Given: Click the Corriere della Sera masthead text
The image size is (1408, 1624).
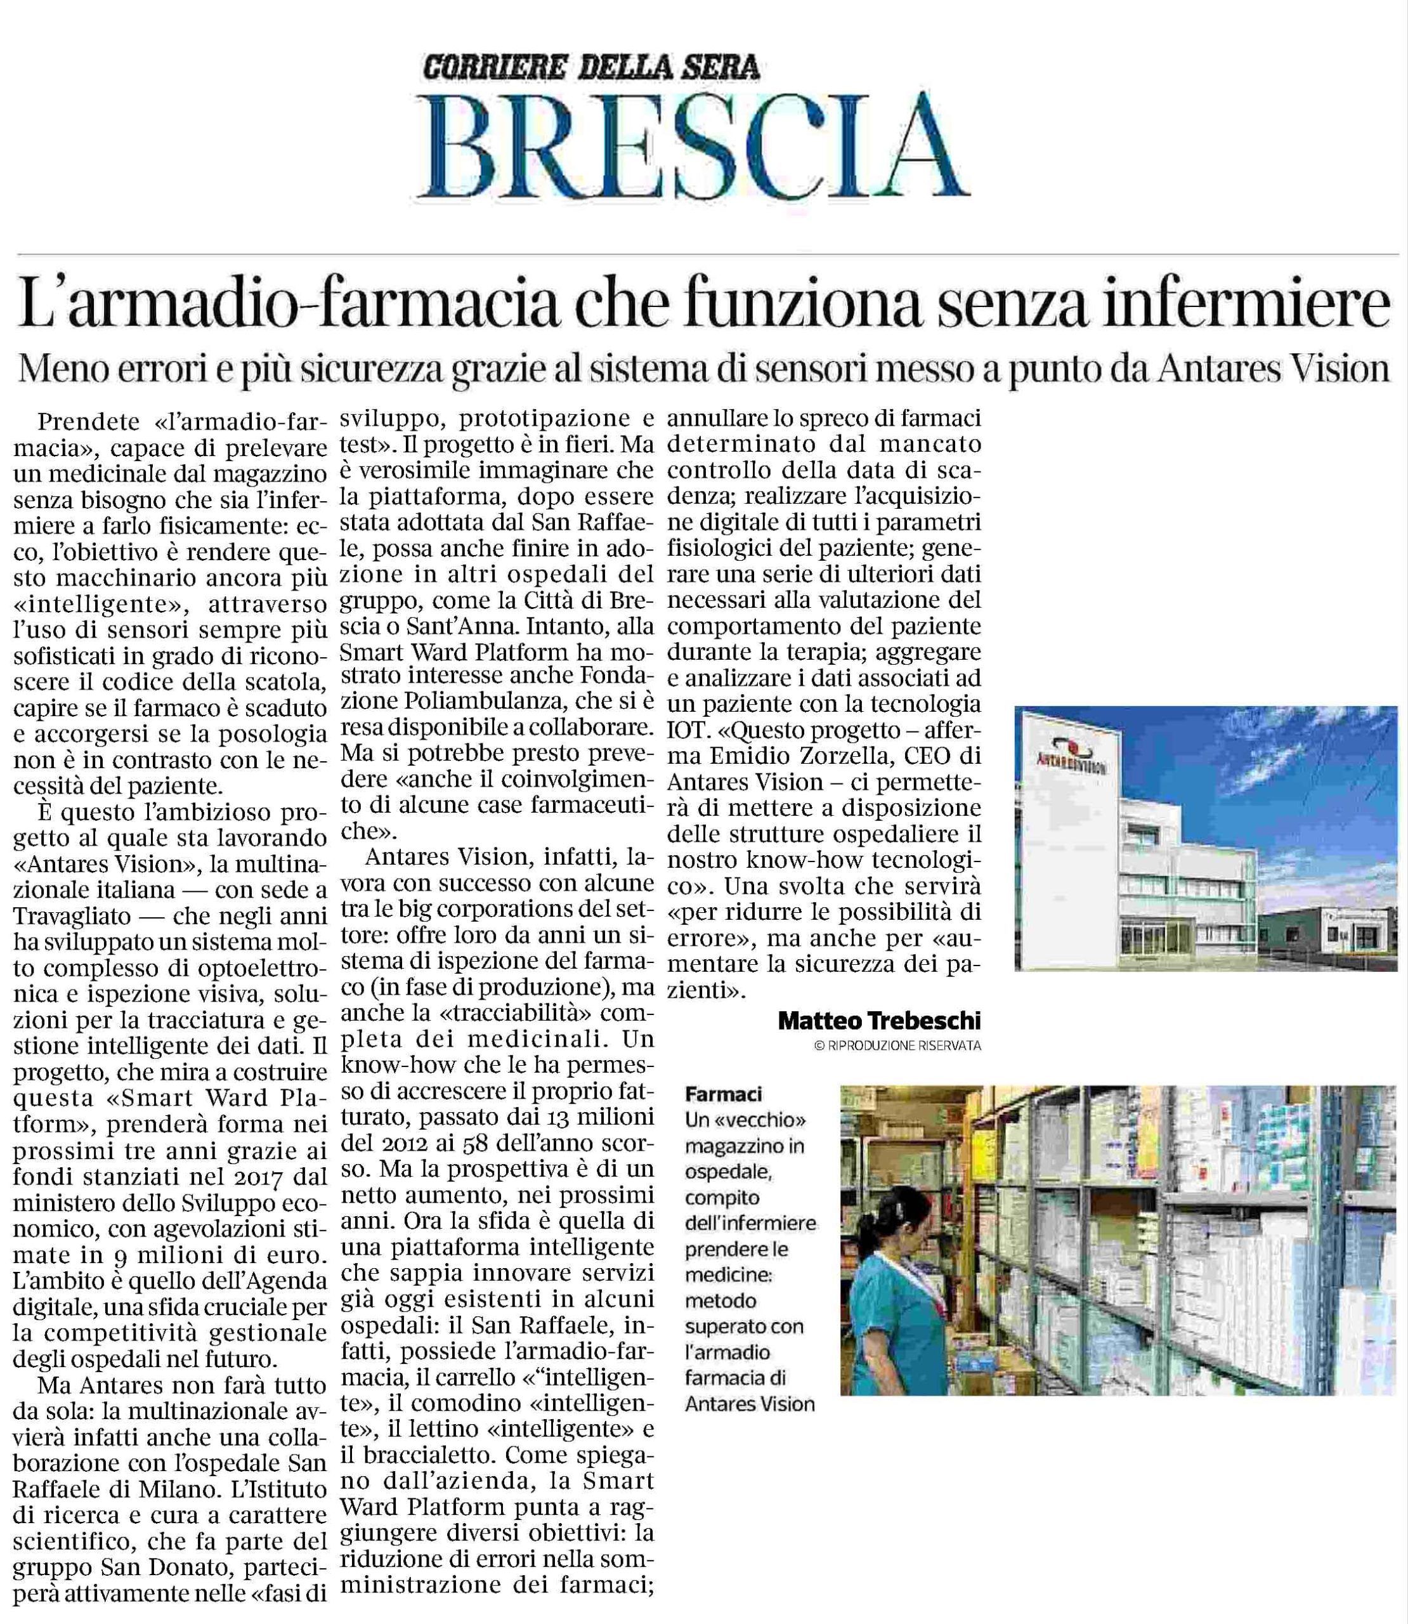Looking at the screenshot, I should click(x=591, y=67).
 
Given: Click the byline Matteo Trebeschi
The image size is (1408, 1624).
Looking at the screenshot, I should click(x=878, y=1020).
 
